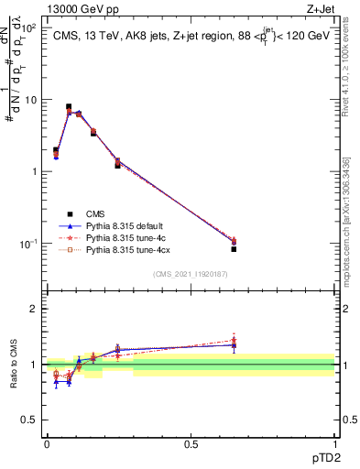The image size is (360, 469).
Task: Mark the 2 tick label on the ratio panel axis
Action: pyautogui.click(x=35, y=309)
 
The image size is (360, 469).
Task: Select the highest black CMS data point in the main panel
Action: pyautogui.click(x=69, y=107)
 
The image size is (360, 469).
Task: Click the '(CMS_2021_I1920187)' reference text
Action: pyautogui.click(x=191, y=275)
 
